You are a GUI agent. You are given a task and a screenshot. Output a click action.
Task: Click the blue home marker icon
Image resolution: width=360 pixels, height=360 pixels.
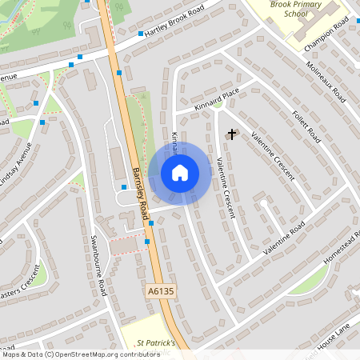[180, 172]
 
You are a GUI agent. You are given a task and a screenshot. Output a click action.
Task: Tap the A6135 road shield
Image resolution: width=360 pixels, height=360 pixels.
[160, 294]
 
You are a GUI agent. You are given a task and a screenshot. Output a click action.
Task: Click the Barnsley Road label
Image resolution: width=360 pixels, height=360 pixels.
[141, 192]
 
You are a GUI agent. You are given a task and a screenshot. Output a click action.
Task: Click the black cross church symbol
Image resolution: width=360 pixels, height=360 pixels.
[233, 134]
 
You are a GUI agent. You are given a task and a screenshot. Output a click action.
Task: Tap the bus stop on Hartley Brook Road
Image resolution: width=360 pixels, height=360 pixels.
[141, 34]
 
